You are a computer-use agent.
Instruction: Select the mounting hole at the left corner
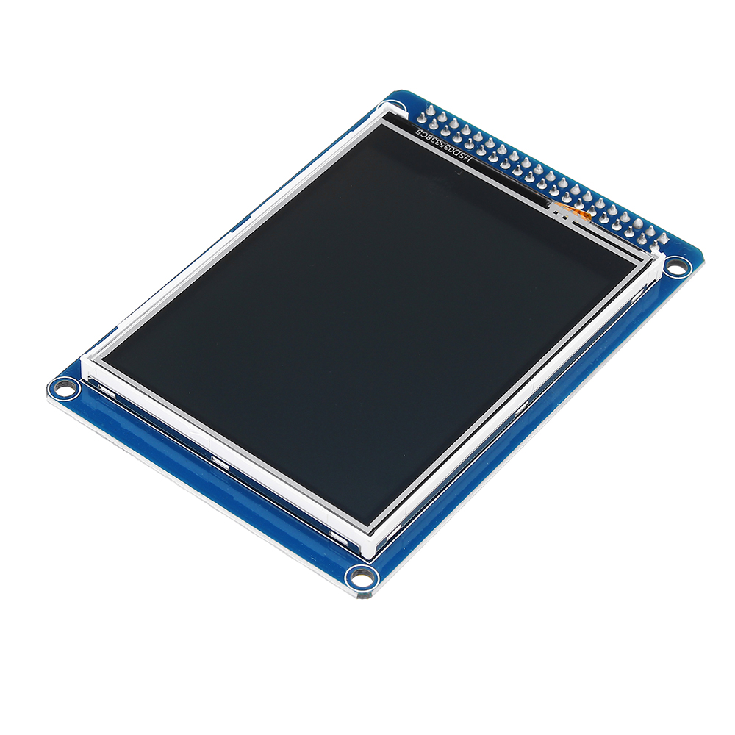click(x=65, y=387)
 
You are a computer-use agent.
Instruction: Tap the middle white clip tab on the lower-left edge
click(x=218, y=462)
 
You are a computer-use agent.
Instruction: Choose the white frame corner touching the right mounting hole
click(x=659, y=257)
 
